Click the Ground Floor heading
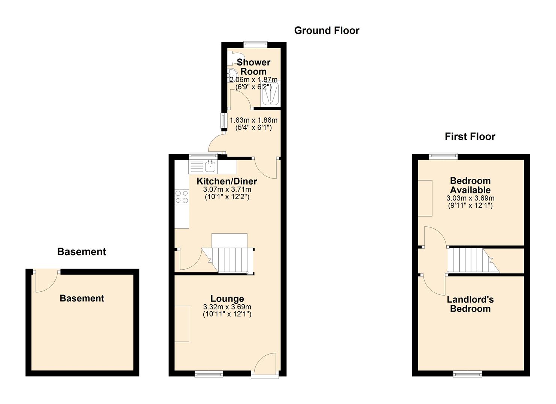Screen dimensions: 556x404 pyautogui.click(x=326, y=31)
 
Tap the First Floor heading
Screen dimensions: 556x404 pyautogui.click(x=470, y=137)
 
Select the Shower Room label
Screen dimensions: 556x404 pyautogui.click(x=253, y=67)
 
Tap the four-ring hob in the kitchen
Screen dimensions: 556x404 pyautogui.click(x=182, y=197)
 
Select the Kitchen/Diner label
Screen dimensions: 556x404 pyautogui.click(x=227, y=181)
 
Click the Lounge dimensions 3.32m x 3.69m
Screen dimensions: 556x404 pyautogui.click(x=227, y=307)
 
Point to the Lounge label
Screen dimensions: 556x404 pyautogui.click(x=227, y=299)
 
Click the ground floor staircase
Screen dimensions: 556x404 pyautogui.click(x=228, y=260)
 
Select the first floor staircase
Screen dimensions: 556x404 pyautogui.click(x=473, y=260)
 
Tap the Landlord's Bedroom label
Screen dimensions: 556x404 pyautogui.click(x=470, y=304)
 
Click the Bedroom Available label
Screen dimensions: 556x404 pyautogui.click(x=470, y=185)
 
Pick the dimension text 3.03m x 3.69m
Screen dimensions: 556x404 pyautogui.click(x=470, y=198)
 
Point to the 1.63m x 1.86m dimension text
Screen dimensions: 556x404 pyautogui.click(x=253, y=120)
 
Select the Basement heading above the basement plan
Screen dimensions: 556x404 pyautogui.click(x=81, y=252)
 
